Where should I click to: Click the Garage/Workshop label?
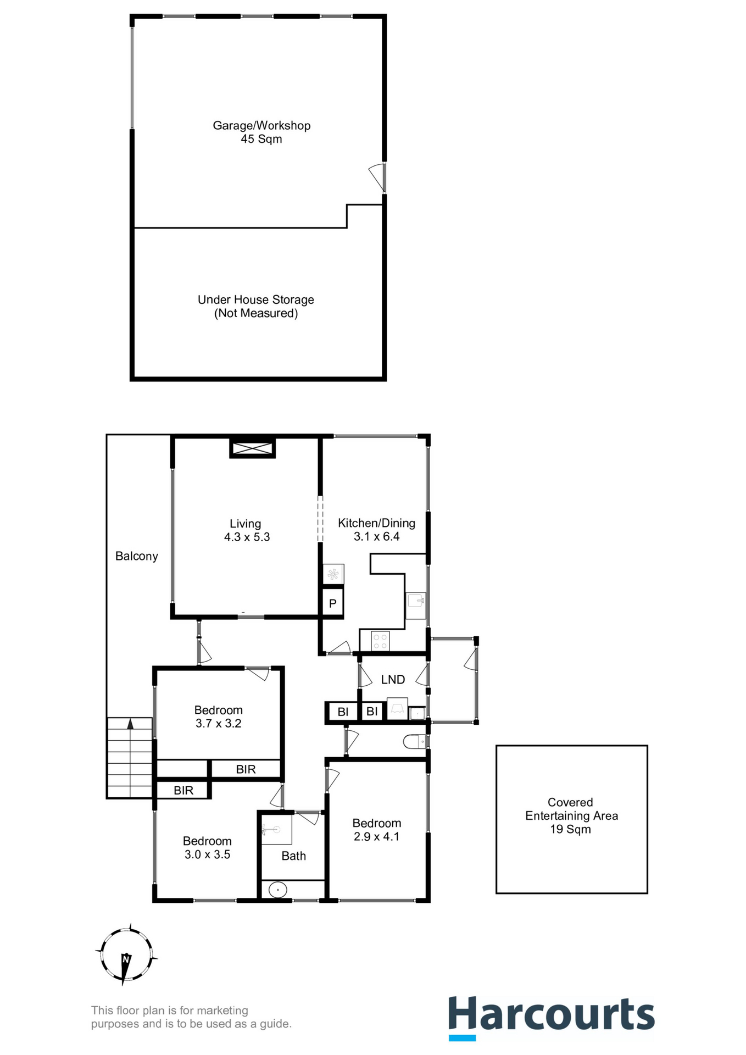coord(261,126)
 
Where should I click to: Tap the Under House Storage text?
coord(256,300)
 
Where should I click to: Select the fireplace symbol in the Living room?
coord(252,448)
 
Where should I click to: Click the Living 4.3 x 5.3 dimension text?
coord(247,537)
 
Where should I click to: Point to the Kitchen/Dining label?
coord(376,523)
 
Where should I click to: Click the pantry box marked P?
coord(332,603)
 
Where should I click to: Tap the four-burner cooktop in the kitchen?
coord(380,641)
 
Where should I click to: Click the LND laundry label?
coord(393,680)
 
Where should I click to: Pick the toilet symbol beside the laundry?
coord(415,742)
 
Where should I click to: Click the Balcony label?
coord(136,556)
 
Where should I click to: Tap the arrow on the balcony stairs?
coord(130,725)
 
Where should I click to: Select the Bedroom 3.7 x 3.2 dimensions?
coord(218,724)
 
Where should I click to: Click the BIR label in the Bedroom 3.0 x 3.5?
coord(183,790)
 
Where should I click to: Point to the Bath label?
coord(293,856)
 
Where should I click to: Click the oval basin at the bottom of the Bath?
coord(278,889)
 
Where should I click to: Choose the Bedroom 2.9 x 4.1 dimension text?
coord(376,837)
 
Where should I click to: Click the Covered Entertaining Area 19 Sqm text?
coord(571,815)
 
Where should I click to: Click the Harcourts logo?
coord(551,1016)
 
